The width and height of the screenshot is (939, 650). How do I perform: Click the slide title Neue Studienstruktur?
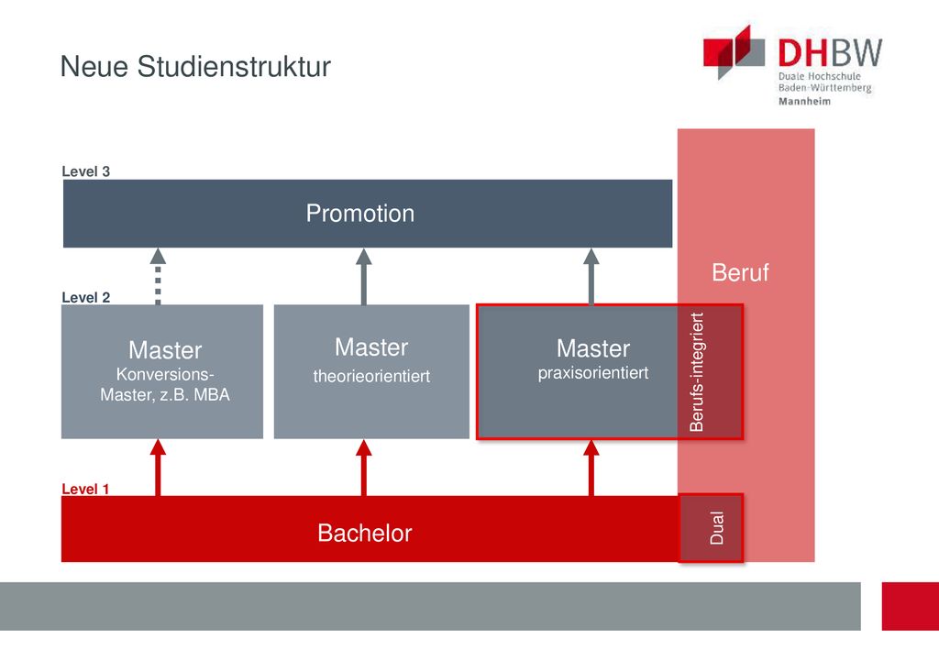pos(195,66)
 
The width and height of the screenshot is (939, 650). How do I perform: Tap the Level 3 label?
pos(85,171)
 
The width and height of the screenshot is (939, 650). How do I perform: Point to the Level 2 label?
pos(85,297)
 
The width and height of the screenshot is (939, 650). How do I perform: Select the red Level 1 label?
pos(85,489)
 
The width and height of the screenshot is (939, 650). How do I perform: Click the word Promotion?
pos(359,213)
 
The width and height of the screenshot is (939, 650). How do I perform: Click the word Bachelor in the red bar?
pos(365,533)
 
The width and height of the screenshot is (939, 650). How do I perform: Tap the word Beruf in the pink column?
pos(740,272)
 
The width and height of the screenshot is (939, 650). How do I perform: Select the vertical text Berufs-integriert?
pos(697,371)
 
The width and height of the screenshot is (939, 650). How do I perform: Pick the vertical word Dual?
pos(717,528)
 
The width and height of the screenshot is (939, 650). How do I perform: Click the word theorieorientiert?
pos(371,376)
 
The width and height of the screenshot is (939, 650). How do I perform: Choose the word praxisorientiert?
pos(593,373)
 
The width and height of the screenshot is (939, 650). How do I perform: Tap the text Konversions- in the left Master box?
pos(165,374)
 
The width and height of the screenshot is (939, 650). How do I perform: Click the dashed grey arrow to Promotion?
pos(158,277)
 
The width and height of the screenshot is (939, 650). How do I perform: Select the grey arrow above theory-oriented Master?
pos(363,277)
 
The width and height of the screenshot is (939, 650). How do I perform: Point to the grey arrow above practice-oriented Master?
pos(591,277)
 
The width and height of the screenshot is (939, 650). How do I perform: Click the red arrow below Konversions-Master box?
pos(158,468)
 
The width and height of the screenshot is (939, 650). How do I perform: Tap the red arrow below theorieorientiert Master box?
pos(363,468)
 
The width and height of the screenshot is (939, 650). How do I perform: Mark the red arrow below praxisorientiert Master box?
pos(591,468)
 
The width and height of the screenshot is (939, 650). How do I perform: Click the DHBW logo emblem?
pos(734,51)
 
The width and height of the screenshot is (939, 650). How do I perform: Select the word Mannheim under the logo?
pos(804,101)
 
